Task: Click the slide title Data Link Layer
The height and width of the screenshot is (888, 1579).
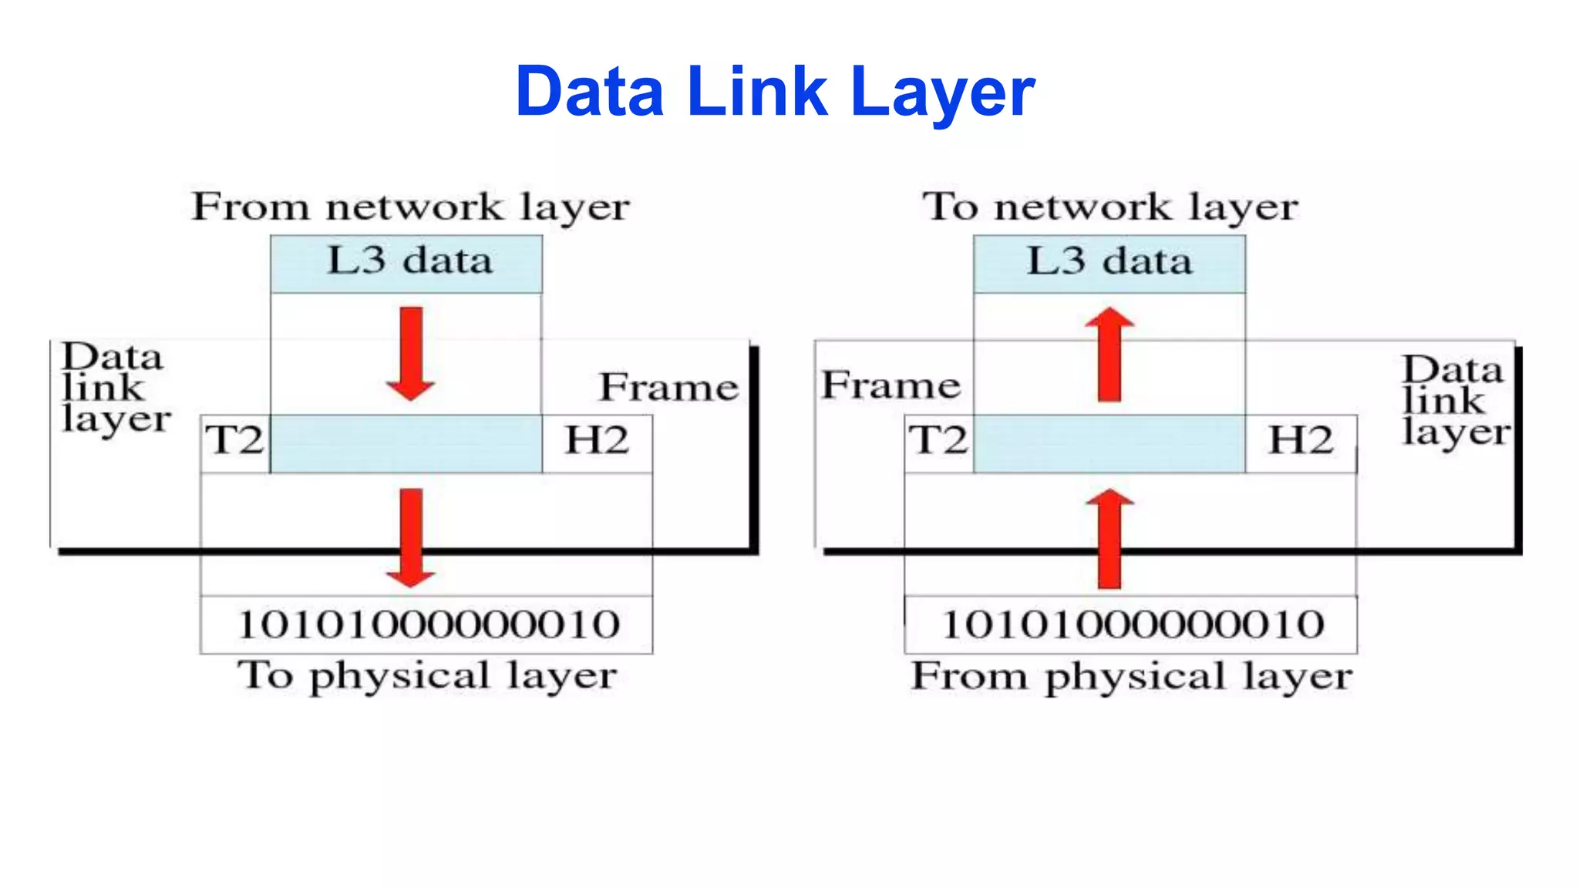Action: (775, 92)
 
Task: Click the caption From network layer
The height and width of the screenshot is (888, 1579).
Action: (410, 207)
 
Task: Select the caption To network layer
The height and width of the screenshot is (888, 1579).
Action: (1110, 207)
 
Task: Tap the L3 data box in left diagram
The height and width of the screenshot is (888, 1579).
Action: (406, 264)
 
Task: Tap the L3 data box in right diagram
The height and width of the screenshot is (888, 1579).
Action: (1109, 264)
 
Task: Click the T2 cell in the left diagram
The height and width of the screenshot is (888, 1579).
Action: (235, 442)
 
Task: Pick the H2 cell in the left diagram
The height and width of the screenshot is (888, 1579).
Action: (597, 442)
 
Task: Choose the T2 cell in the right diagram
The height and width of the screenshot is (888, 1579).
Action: (938, 442)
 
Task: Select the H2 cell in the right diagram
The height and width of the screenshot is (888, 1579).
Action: (1301, 442)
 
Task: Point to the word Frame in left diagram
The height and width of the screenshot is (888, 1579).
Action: (668, 388)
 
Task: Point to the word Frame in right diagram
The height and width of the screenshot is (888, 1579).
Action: (891, 385)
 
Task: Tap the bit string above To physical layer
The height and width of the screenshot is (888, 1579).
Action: (428, 624)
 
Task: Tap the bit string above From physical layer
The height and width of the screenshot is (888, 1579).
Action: (1132, 624)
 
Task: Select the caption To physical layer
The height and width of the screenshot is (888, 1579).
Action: (426, 676)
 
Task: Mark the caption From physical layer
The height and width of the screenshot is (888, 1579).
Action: (1131, 677)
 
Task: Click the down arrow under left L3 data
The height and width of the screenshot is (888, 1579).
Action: (411, 354)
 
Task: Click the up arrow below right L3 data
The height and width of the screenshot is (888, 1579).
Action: (1109, 354)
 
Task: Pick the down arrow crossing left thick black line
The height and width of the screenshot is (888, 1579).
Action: (411, 538)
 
